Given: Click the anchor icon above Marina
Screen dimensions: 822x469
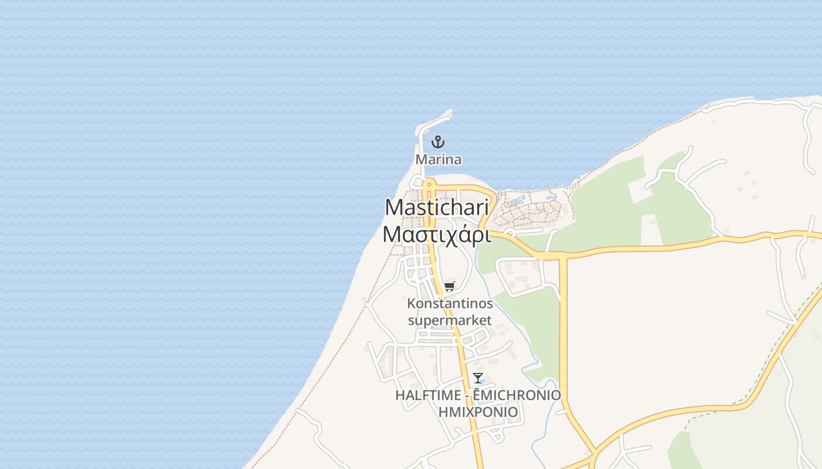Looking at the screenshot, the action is tap(437, 142).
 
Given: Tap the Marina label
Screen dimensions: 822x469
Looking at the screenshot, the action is tap(438, 159).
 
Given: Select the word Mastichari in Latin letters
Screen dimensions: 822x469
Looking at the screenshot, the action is tap(437, 207).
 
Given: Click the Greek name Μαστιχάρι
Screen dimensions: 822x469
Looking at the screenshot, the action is tap(437, 233).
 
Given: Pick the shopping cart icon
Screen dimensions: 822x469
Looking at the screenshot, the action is tap(449, 287).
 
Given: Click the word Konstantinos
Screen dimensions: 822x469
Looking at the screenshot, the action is tap(450, 304).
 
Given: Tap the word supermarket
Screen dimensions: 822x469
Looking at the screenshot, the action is tap(450, 321).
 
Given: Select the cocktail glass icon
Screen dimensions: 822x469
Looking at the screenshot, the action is tap(478, 378).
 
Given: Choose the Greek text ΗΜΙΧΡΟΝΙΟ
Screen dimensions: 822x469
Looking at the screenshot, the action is tap(478, 412).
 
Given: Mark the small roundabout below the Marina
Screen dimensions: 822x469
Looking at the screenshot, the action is tap(428, 183).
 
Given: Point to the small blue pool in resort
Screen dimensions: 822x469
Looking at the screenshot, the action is tap(515, 201).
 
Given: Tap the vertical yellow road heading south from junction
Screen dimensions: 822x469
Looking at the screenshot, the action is tap(563, 328).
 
